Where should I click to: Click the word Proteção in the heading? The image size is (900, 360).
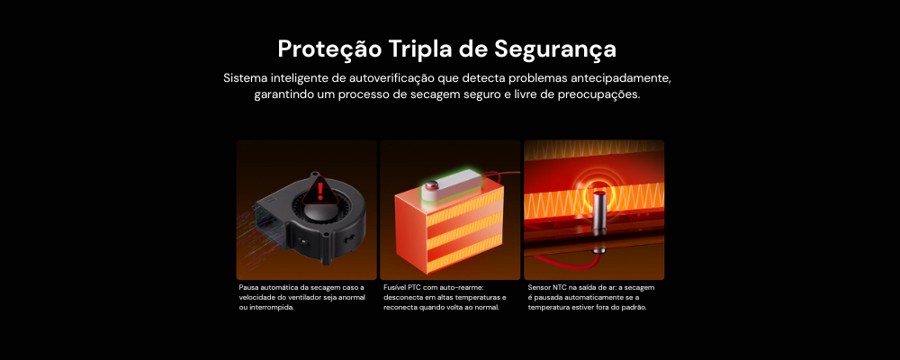tap(329, 50)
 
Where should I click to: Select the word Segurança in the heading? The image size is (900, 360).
tap(555, 50)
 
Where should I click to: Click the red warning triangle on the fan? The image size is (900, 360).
tap(319, 191)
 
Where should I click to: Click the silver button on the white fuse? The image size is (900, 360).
tap(432, 184)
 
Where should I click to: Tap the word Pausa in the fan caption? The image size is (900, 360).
tap(248, 287)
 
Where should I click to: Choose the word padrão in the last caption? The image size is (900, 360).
tap(634, 307)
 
